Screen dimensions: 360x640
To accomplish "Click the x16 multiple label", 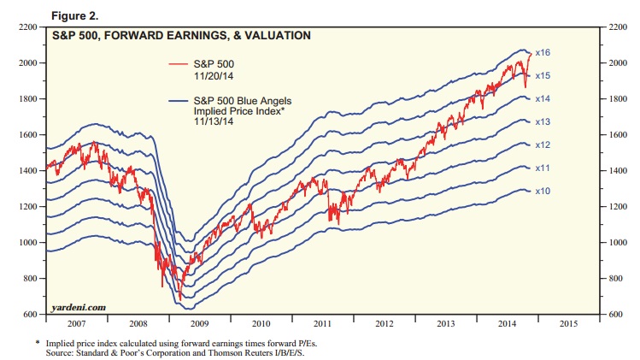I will tap(542, 53).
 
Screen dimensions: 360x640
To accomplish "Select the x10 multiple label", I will tap(542, 191).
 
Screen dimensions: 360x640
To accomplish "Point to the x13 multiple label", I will tap(542, 122).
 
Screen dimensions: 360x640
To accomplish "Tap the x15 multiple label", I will tap(542, 76).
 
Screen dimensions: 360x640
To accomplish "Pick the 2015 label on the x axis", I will tap(567, 325).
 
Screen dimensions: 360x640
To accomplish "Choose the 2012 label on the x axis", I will tap(384, 325).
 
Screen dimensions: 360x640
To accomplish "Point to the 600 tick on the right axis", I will tap(614, 315).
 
